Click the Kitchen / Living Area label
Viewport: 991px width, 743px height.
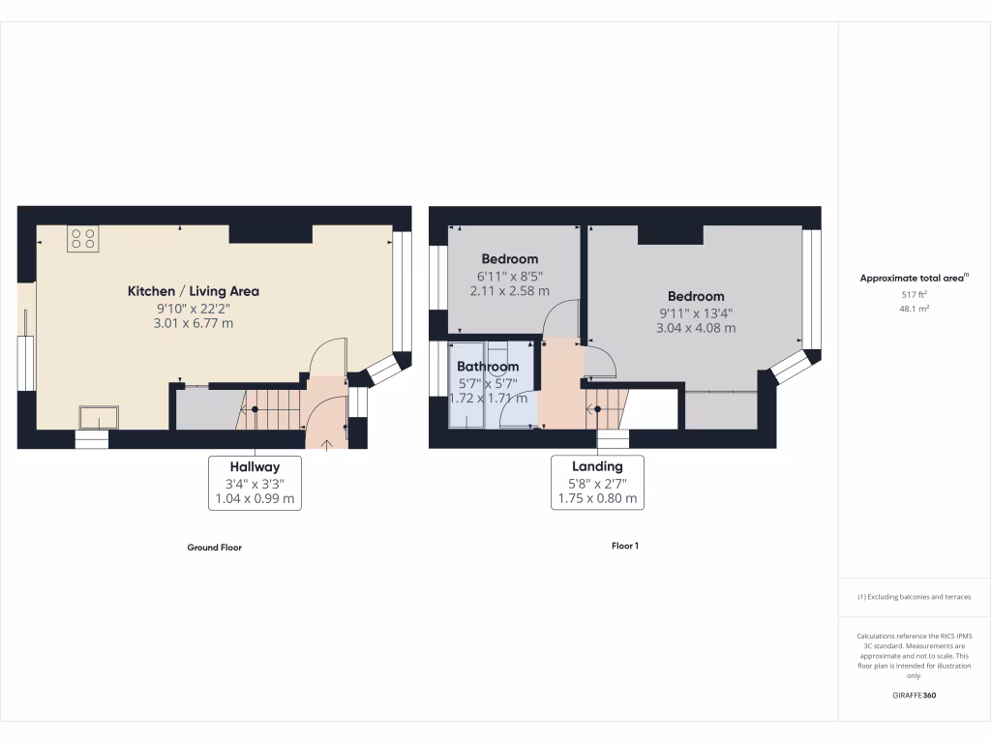tap(194, 291)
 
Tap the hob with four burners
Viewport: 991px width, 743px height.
tap(82, 239)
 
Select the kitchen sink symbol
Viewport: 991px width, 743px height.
tap(100, 416)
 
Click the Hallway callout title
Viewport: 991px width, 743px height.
tap(255, 466)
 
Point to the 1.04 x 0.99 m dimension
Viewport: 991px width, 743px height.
tap(255, 499)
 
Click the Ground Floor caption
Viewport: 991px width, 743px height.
tap(214, 548)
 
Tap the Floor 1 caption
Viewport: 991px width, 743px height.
tap(625, 546)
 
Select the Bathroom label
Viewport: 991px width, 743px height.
tap(488, 367)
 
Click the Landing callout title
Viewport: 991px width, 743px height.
tap(597, 466)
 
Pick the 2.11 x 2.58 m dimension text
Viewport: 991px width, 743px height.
tap(509, 290)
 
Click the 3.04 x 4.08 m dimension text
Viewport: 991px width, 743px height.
tap(695, 328)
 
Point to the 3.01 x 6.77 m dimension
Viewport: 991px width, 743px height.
tap(194, 323)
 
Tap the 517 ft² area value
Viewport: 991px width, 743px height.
tap(914, 295)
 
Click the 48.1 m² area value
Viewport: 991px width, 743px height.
tap(914, 310)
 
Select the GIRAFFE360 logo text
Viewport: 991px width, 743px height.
tap(914, 696)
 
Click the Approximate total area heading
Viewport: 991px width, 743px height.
tap(914, 279)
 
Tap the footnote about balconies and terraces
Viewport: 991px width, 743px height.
tap(914, 597)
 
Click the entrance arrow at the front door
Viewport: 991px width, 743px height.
tap(325, 444)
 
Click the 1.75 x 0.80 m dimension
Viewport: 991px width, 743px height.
tap(597, 499)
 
